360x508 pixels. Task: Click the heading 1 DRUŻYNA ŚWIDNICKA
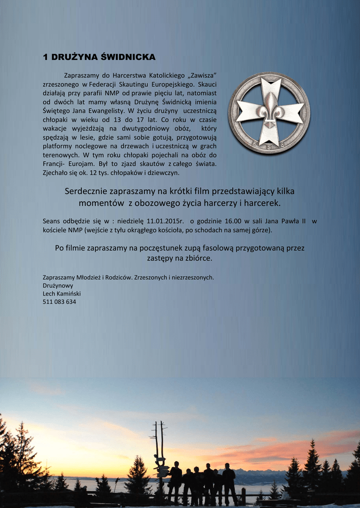(99, 58)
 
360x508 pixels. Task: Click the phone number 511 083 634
(60, 302)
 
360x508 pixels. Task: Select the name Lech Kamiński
(62, 294)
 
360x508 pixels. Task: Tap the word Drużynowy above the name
(58, 286)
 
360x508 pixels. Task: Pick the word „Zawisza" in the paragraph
(202, 75)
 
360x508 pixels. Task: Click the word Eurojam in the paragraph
(82, 164)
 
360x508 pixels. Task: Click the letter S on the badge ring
(269, 147)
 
